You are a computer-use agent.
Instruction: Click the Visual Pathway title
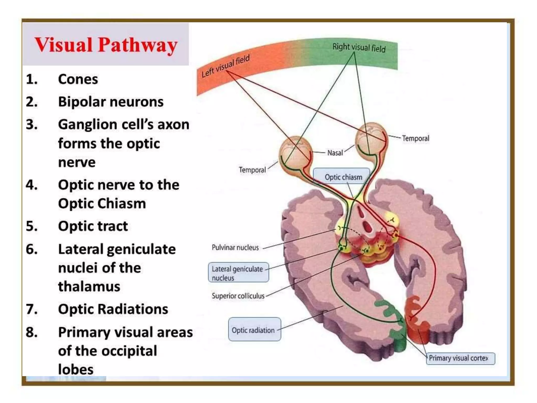[x=106, y=45]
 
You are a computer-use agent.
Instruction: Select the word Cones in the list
[x=78, y=79]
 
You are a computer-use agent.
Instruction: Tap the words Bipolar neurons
[x=111, y=102]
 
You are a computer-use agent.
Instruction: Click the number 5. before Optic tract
[x=31, y=226]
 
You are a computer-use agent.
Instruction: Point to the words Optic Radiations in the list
[x=113, y=309]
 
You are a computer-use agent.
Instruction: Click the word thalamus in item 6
[x=89, y=287]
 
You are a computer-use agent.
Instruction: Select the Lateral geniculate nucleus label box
[x=238, y=273]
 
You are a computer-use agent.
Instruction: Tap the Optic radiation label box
[x=254, y=330]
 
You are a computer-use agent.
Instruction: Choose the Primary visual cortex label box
[x=460, y=358]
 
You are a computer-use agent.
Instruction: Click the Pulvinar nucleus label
[x=235, y=247]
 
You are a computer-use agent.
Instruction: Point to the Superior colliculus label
[x=238, y=296]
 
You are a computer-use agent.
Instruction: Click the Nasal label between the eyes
[x=335, y=153]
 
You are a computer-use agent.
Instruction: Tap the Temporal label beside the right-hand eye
[x=415, y=138]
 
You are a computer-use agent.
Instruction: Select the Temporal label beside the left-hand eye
[x=252, y=170]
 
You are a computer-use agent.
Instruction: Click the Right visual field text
[x=359, y=48]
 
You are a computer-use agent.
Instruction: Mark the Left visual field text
[x=225, y=66]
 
